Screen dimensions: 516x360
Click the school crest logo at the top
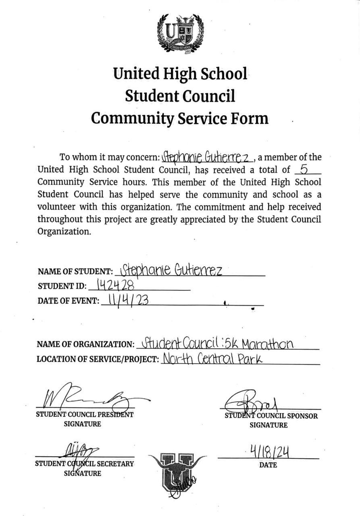(180, 33)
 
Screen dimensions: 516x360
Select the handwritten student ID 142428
(111, 285)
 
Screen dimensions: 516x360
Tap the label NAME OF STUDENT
(75, 272)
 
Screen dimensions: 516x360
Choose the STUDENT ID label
(62, 287)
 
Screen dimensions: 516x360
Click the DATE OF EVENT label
(68, 301)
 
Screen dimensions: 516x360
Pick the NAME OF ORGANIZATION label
(85, 344)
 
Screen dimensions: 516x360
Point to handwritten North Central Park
(212, 358)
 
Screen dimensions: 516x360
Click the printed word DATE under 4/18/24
(268, 465)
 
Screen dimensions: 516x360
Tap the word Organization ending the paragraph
(64, 232)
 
